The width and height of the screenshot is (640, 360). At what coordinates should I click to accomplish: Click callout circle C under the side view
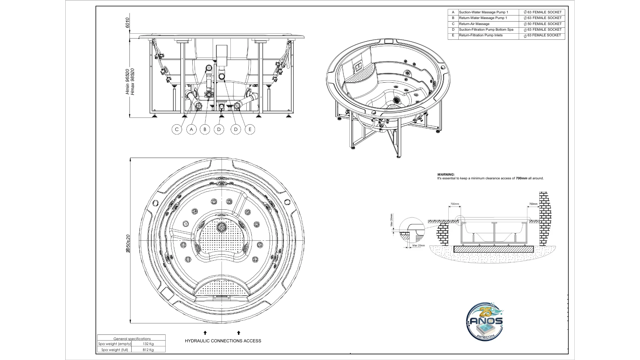(177, 129)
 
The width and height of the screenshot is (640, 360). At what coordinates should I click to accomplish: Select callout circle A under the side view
(191, 129)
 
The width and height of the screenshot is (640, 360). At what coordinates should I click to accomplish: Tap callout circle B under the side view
(205, 129)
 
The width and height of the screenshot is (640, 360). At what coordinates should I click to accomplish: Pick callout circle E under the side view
(250, 129)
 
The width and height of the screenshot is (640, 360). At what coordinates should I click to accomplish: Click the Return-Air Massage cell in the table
(474, 24)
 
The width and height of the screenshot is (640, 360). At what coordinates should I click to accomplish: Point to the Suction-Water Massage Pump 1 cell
(483, 12)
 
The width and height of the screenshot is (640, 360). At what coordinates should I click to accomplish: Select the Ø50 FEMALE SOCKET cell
(542, 24)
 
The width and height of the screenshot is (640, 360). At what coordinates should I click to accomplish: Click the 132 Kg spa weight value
(148, 344)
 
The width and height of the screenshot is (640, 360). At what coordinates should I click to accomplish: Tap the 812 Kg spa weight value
(148, 350)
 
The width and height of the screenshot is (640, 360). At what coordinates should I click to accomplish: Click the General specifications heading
(132, 339)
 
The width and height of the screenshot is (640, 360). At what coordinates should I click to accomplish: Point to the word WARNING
(446, 174)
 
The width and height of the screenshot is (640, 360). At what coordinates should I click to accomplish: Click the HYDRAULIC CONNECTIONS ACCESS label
(223, 341)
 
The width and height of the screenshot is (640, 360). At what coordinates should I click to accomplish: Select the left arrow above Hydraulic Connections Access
(205, 333)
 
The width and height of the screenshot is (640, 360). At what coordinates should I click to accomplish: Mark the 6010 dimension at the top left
(127, 23)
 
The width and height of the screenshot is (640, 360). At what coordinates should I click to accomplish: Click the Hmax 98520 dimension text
(132, 82)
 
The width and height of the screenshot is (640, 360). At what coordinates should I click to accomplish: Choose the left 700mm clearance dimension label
(455, 204)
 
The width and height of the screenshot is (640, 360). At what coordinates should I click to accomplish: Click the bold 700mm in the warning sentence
(521, 178)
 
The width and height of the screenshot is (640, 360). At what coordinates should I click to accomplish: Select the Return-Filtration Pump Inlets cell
(481, 35)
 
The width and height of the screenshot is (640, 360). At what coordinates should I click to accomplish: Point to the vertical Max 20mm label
(391, 220)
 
